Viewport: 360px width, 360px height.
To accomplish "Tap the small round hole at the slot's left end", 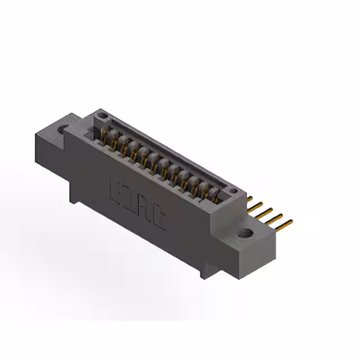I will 101,116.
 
